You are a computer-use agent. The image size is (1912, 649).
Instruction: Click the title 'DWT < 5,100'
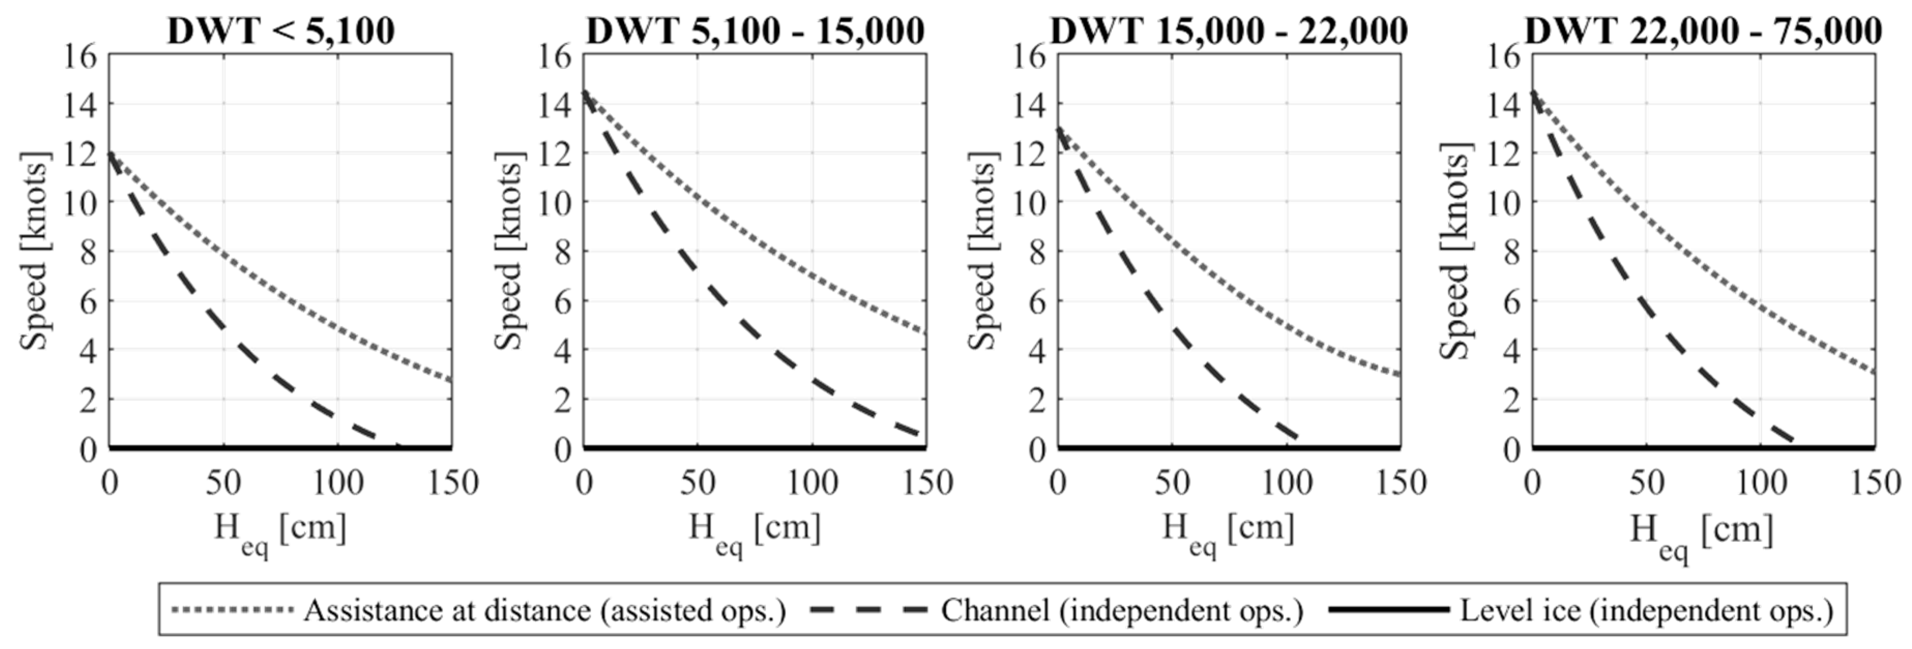281,31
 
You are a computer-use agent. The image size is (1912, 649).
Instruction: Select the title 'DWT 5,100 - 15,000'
755,31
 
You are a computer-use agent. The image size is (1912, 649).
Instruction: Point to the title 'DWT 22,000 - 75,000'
1703,31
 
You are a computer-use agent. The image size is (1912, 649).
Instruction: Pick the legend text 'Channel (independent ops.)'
1122,610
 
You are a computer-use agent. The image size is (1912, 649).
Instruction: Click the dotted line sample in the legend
232,610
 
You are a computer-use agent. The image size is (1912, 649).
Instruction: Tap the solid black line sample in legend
1388,610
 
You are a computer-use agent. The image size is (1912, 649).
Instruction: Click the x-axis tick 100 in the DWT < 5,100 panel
337,484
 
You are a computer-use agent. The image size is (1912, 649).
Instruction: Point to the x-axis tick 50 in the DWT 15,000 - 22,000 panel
1172,484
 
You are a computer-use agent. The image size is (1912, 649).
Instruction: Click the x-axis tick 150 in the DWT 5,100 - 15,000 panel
927,484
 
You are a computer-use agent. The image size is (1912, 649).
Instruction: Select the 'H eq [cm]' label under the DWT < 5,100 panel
281,531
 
